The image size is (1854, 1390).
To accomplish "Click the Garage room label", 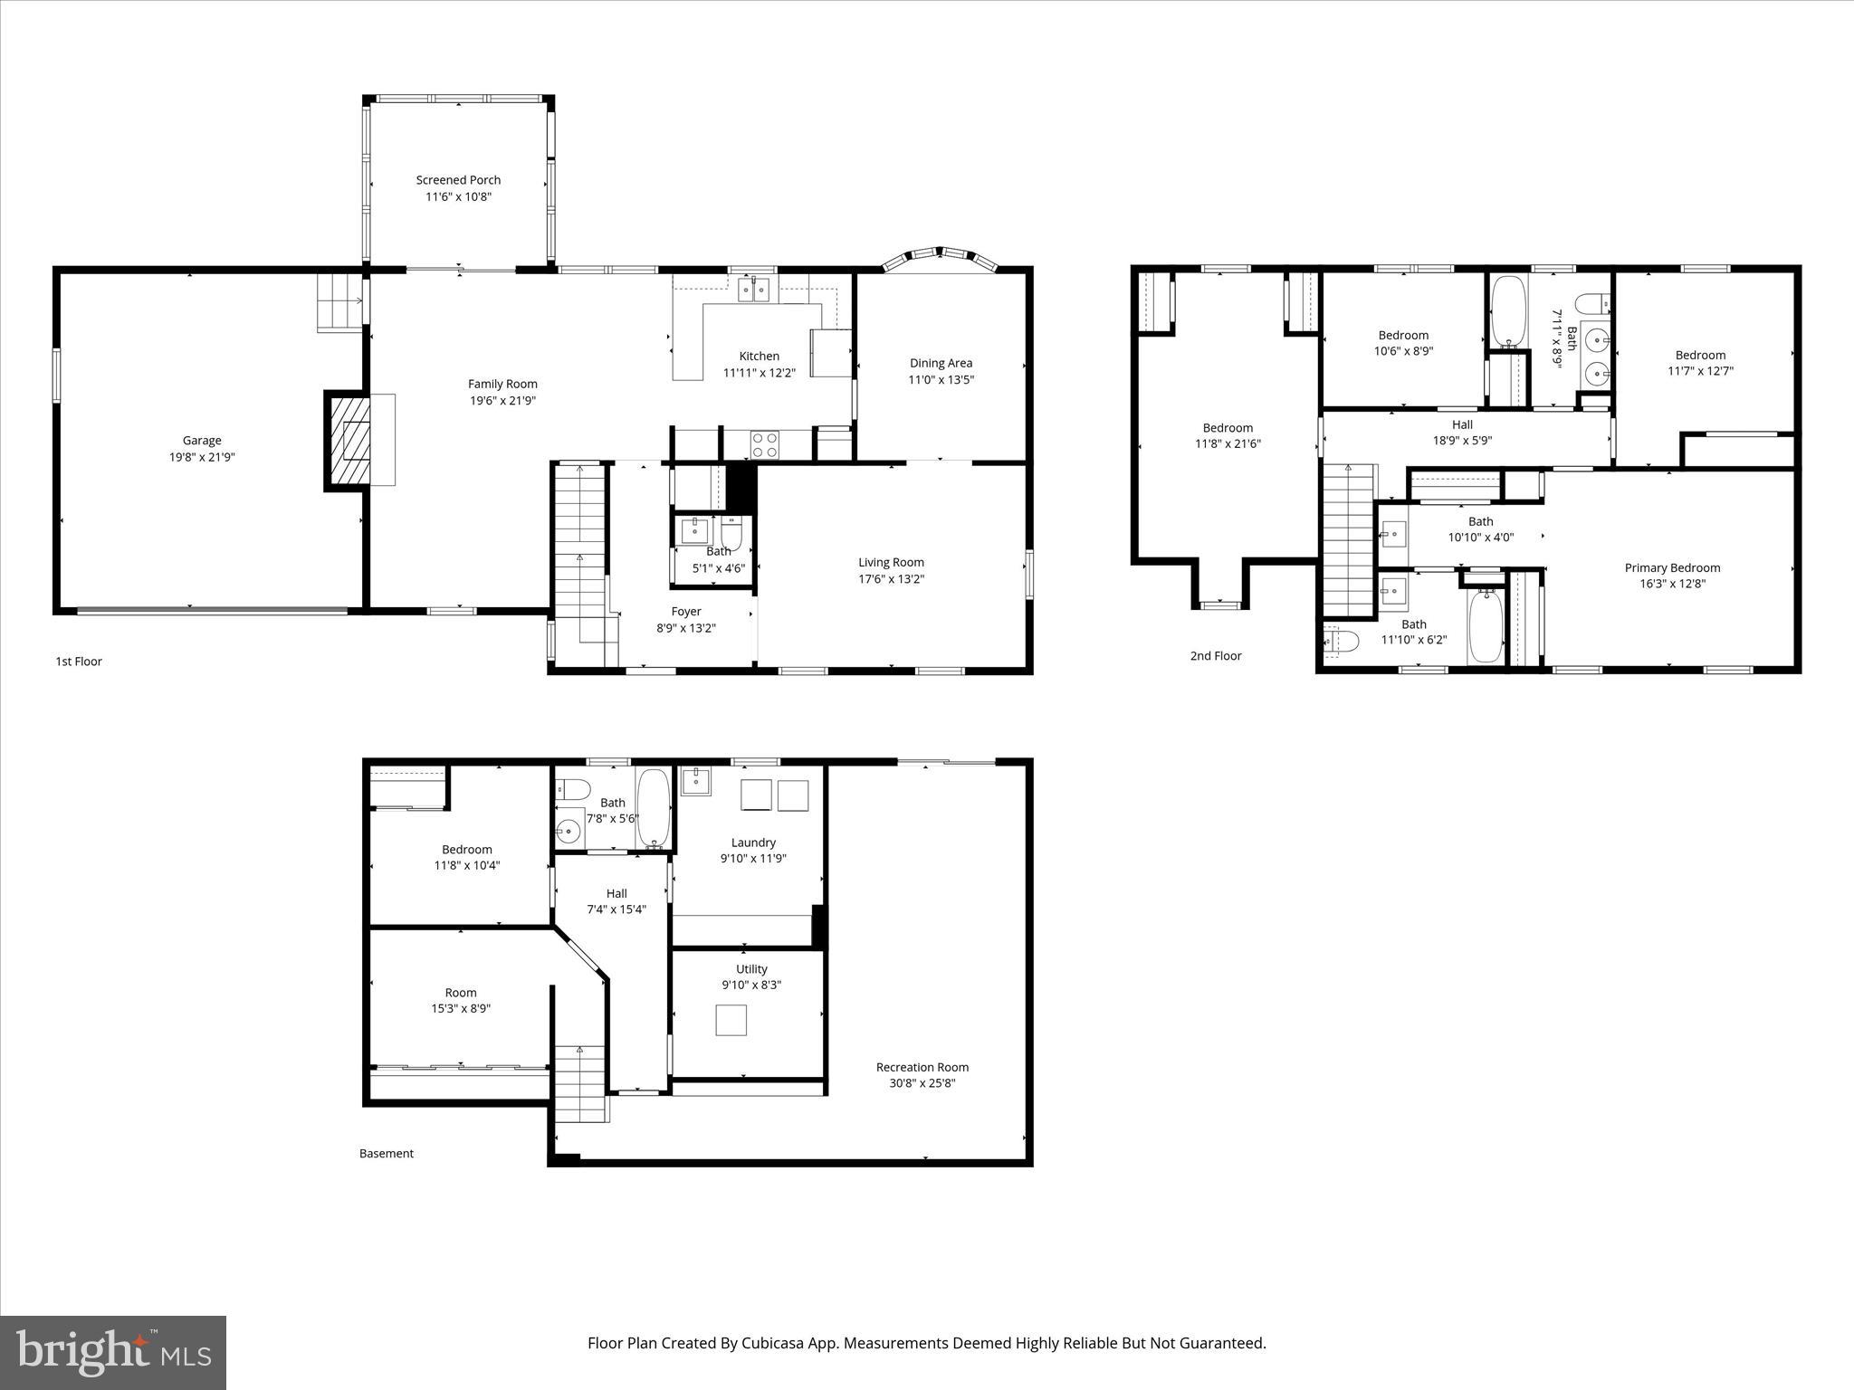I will coord(201,441).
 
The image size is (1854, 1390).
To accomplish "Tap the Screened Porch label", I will coord(458,180).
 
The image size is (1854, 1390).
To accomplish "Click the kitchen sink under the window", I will coord(753,290).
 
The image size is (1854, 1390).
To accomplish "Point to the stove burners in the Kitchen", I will coord(765,444).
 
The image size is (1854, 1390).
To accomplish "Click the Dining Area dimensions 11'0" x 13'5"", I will coord(941,380).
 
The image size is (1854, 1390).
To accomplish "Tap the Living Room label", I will coord(891,562).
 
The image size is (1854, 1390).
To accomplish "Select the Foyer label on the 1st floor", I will coord(685,612).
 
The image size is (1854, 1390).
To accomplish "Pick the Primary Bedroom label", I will coord(1672,568).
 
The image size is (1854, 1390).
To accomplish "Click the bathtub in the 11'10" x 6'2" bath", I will coord(1485,625).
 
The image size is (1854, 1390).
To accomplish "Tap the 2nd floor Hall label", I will coord(1462,424).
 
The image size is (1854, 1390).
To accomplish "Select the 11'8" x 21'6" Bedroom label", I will coord(1228,428).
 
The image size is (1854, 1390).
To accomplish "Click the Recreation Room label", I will coord(922,1067).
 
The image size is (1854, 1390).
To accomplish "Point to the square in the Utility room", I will coord(731,1020).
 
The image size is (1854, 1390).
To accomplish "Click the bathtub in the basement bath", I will coord(653,806).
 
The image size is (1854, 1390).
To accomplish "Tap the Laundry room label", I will coord(753,843).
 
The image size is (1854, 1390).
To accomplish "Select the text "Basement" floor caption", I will coord(387,1153).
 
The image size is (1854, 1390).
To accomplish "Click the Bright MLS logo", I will coord(113,1352).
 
